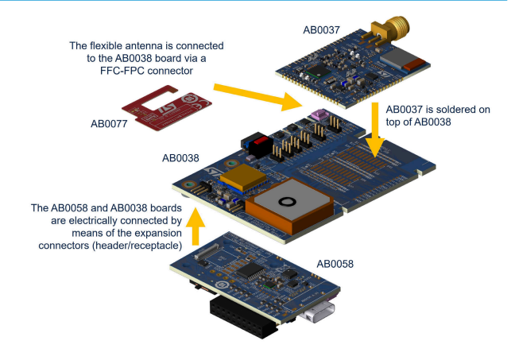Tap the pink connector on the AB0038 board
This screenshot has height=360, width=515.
pos(321,116)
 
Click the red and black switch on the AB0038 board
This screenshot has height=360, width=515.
pos(257,144)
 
